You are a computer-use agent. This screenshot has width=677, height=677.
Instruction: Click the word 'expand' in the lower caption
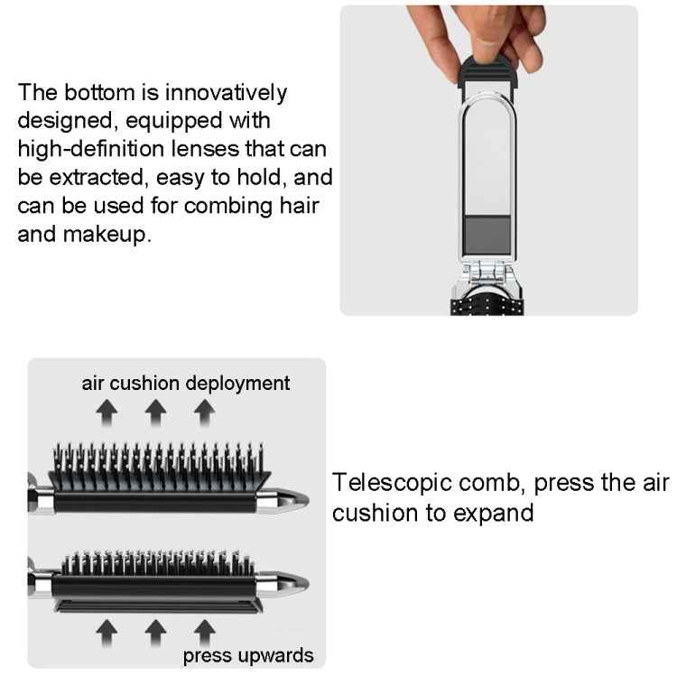(x=488, y=513)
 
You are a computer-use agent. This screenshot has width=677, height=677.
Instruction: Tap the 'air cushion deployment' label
(x=186, y=383)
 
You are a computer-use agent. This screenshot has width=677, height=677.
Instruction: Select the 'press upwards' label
(x=248, y=654)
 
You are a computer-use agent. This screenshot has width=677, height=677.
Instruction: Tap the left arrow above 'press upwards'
(x=108, y=630)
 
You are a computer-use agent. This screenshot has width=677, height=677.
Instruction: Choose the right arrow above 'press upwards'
(x=205, y=630)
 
